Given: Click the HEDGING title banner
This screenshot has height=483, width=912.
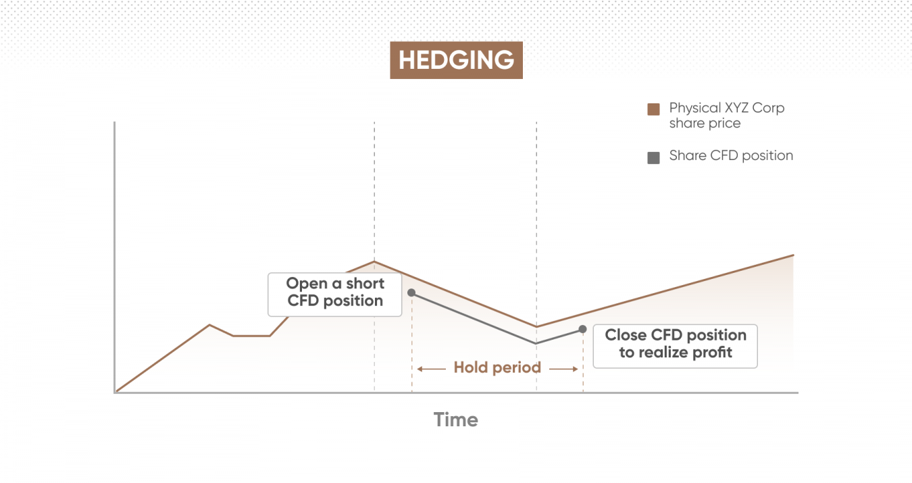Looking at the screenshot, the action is pos(456,60).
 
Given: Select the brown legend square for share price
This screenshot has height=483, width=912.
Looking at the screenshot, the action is pos(653,109).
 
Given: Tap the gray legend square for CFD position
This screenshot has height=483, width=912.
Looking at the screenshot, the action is pos(653,157).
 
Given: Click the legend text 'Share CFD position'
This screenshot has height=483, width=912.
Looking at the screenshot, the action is pos(731,156).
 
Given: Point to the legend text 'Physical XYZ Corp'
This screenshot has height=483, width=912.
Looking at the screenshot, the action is pos(727,108).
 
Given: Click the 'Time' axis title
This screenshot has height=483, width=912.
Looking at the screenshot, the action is pos(455,420).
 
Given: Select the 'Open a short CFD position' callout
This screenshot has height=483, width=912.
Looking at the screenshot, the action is pos(334,295).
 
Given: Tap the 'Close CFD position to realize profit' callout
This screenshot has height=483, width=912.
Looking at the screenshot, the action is pos(675,346).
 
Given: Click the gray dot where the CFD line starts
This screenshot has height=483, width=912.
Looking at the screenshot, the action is pos(411,293).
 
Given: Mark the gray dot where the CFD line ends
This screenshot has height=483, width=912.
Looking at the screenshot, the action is pos(582,329).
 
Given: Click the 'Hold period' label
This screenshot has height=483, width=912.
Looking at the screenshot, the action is pos(497,367).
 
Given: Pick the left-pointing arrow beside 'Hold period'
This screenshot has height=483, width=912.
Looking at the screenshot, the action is pos(432,369).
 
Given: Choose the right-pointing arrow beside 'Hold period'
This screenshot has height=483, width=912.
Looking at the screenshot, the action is pos(563,369).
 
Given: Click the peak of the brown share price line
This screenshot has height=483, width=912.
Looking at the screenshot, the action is pos(374,261).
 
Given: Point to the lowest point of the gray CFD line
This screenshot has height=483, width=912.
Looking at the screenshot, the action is pos(536,343).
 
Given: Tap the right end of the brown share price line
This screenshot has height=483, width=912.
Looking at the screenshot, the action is pos(794,255).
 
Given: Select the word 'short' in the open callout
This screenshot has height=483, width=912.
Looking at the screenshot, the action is pos(365,284).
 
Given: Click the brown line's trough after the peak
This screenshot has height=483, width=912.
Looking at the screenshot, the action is pos(536,326).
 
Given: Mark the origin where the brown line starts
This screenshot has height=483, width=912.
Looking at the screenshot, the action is pos(116,392).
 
